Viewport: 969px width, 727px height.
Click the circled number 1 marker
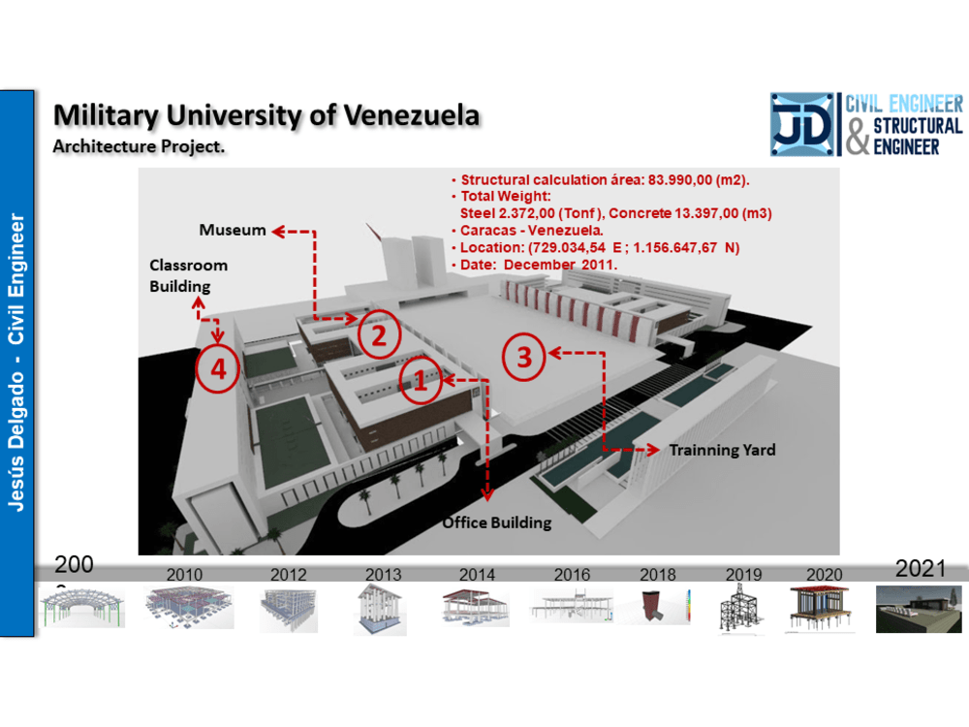[421, 380]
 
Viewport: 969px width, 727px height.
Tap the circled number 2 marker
[379, 335]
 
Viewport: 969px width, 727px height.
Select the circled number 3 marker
[523, 358]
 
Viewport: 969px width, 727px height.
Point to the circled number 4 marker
[217, 369]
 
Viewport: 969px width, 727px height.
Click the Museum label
[233, 230]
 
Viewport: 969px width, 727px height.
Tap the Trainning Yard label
[722, 450]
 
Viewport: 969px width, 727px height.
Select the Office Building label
[497, 522]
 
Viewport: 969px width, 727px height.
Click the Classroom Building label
[189, 275]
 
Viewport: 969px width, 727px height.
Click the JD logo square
[801, 124]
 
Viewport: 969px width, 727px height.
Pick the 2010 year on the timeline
[184, 575]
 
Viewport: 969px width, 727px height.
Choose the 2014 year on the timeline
[477, 575]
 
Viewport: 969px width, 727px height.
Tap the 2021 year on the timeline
[921, 568]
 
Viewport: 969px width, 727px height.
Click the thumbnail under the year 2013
[380, 610]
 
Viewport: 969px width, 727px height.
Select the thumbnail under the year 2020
[820, 609]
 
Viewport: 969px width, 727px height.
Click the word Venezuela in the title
[411, 115]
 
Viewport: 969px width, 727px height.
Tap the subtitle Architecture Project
[139, 146]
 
